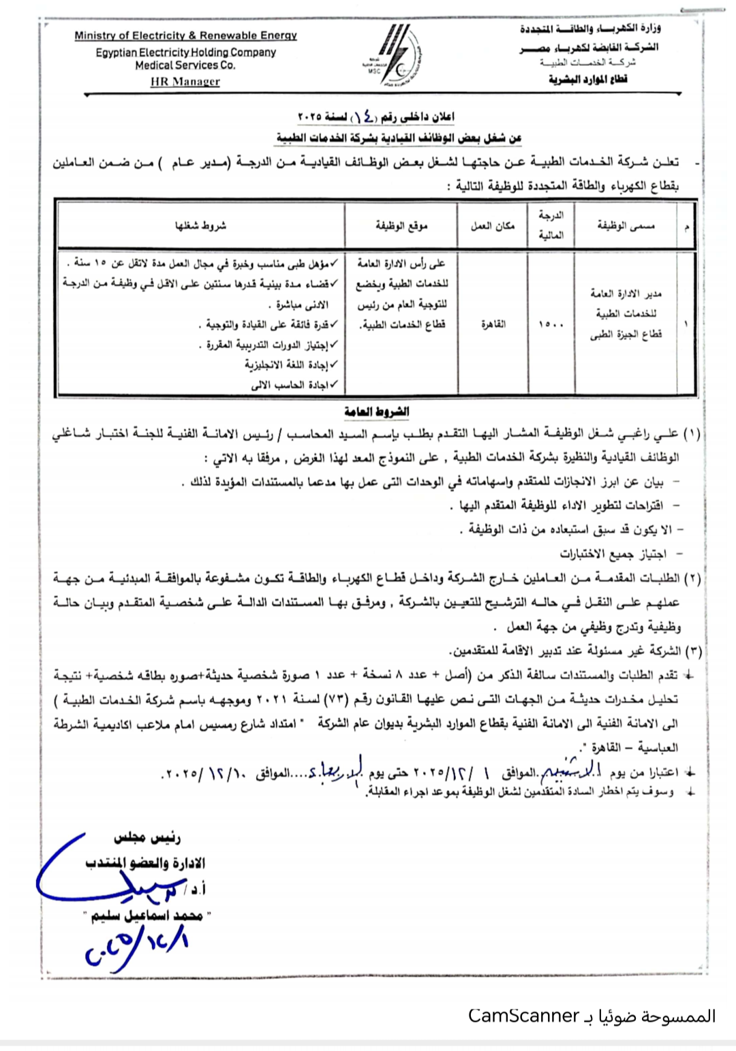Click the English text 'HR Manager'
(x=185, y=82)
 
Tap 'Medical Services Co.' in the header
(x=185, y=65)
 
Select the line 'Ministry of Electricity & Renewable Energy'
(x=185, y=35)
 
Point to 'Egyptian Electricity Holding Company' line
(x=185, y=52)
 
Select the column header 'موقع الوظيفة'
(x=401, y=225)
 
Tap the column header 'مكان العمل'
(x=492, y=225)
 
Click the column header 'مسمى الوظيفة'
(x=626, y=225)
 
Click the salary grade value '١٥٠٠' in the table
(x=551, y=325)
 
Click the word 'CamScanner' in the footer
(x=523, y=1016)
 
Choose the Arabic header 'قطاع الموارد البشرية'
(x=587, y=79)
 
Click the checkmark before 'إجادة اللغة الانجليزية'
(x=334, y=365)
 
